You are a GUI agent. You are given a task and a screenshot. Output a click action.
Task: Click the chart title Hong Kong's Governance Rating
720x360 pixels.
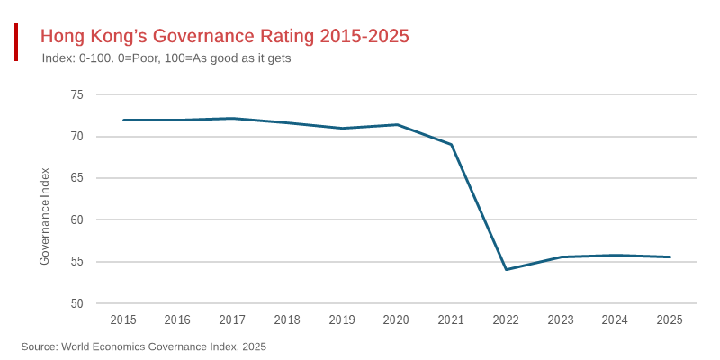click(x=225, y=36)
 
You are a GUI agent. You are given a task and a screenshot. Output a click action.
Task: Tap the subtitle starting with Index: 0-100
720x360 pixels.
click(x=166, y=58)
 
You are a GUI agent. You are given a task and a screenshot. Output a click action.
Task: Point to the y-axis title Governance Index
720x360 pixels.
click(x=45, y=216)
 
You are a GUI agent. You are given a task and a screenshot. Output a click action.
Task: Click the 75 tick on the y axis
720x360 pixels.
click(x=76, y=94)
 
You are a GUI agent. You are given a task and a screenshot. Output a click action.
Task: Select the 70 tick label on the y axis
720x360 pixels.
click(x=76, y=137)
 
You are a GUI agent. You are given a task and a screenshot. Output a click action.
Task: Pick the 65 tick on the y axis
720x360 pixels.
click(x=76, y=178)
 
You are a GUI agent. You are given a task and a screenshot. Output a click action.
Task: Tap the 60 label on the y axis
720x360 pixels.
click(x=76, y=220)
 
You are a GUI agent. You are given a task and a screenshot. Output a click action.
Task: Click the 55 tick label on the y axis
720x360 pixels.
click(x=76, y=262)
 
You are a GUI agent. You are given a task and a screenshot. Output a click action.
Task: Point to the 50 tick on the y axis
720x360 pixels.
click(x=76, y=303)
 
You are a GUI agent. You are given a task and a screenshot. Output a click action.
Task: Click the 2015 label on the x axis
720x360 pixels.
click(x=123, y=319)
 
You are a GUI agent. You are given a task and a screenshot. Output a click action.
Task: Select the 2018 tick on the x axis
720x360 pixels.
click(x=287, y=319)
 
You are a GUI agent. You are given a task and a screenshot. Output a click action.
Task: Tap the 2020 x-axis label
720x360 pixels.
click(x=396, y=319)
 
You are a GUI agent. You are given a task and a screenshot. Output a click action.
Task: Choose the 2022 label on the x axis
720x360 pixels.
click(x=506, y=319)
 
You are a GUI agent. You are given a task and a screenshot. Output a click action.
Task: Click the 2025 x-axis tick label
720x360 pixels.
click(x=670, y=319)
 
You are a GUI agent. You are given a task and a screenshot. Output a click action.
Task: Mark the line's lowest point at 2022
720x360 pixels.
click(x=506, y=269)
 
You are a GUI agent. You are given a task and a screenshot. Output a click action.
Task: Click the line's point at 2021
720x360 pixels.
click(x=451, y=144)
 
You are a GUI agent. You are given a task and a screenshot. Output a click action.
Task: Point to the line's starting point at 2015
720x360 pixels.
click(x=123, y=120)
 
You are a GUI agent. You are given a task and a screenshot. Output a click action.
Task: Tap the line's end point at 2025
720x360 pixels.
click(x=670, y=256)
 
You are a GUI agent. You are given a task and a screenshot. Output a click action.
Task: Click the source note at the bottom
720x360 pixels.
click(x=144, y=346)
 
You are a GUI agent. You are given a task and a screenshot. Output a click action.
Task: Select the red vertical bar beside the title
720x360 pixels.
click(x=16, y=42)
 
